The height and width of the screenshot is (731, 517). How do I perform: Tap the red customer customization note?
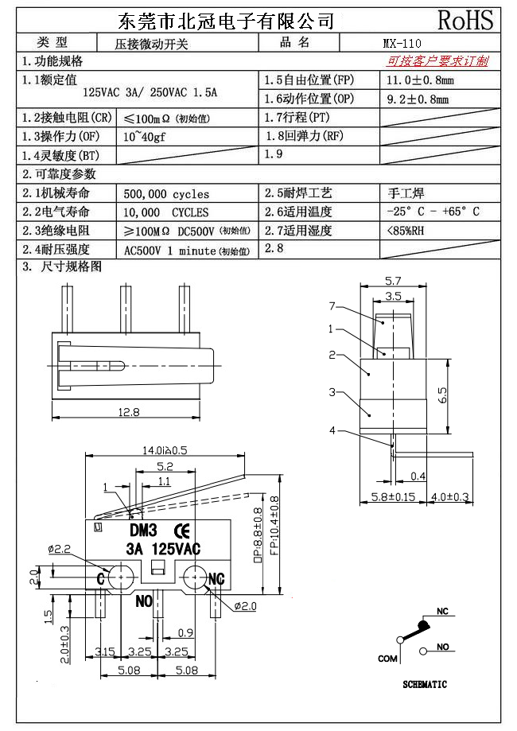[x=437, y=61]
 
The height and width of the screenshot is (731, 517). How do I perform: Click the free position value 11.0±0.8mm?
[x=420, y=80]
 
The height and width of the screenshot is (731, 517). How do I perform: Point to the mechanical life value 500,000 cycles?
[x=167, y=193]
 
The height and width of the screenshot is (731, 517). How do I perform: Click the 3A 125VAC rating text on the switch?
[x=163, y=548]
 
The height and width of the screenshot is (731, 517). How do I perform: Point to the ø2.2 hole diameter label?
[x=60, y=549]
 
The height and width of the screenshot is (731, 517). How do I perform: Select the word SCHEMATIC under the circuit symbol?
[x=424, y=684]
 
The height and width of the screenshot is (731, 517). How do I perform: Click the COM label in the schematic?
[x=387, y=658]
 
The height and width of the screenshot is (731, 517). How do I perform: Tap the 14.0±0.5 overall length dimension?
[x=165, y=450]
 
